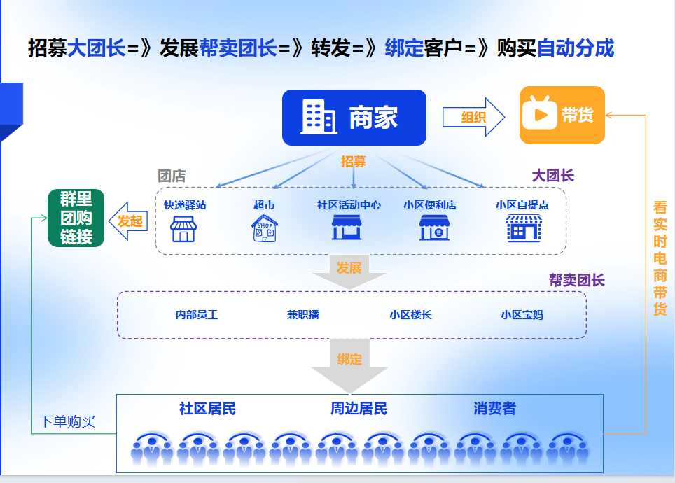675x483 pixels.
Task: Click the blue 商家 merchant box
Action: pyautogui.click(x=354, y=118)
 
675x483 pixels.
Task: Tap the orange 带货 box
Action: pyautogui.click(x=562, y=115)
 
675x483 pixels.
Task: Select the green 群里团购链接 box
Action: pyautogui.click(x=76, y=218)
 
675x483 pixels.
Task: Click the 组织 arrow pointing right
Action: pyautogui.click(x=473, y=117)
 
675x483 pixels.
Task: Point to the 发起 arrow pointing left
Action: pyautogui.click(x=128, y=221)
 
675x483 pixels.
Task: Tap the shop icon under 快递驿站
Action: pyautogui.click(x=183, y=229)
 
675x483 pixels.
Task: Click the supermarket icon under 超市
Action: pyautogui.click(x=265, y=229)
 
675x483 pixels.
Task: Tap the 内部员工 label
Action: pyautogui.click(x=197, y=315)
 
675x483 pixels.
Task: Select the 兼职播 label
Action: pyautogui.click(x=303, y=315)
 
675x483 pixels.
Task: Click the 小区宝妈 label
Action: pyautogui.click(x=522, y=315)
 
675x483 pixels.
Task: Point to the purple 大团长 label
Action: pyautogui.click(x=552, y=175)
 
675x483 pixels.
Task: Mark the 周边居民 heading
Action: pyautogui.click(x=359, y=409)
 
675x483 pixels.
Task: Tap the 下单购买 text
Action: pyautogui.click(x=67, y=421)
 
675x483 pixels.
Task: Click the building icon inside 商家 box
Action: pyautogui.click(x=318, y=117)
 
